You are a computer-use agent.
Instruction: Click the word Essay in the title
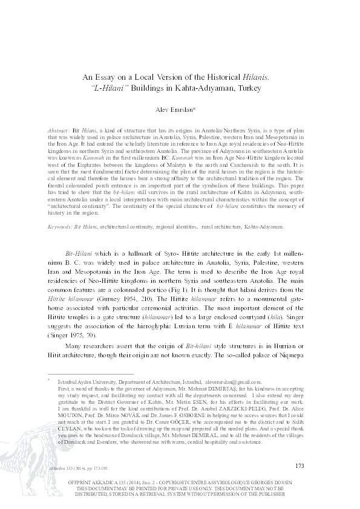coord(111,77)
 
